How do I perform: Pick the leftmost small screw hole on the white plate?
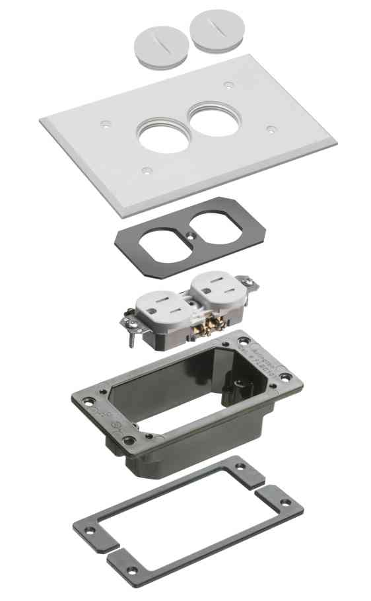pyautogui.click(x=104, y=123)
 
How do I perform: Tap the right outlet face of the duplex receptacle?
pyautogui.click(x=219, y=286)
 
